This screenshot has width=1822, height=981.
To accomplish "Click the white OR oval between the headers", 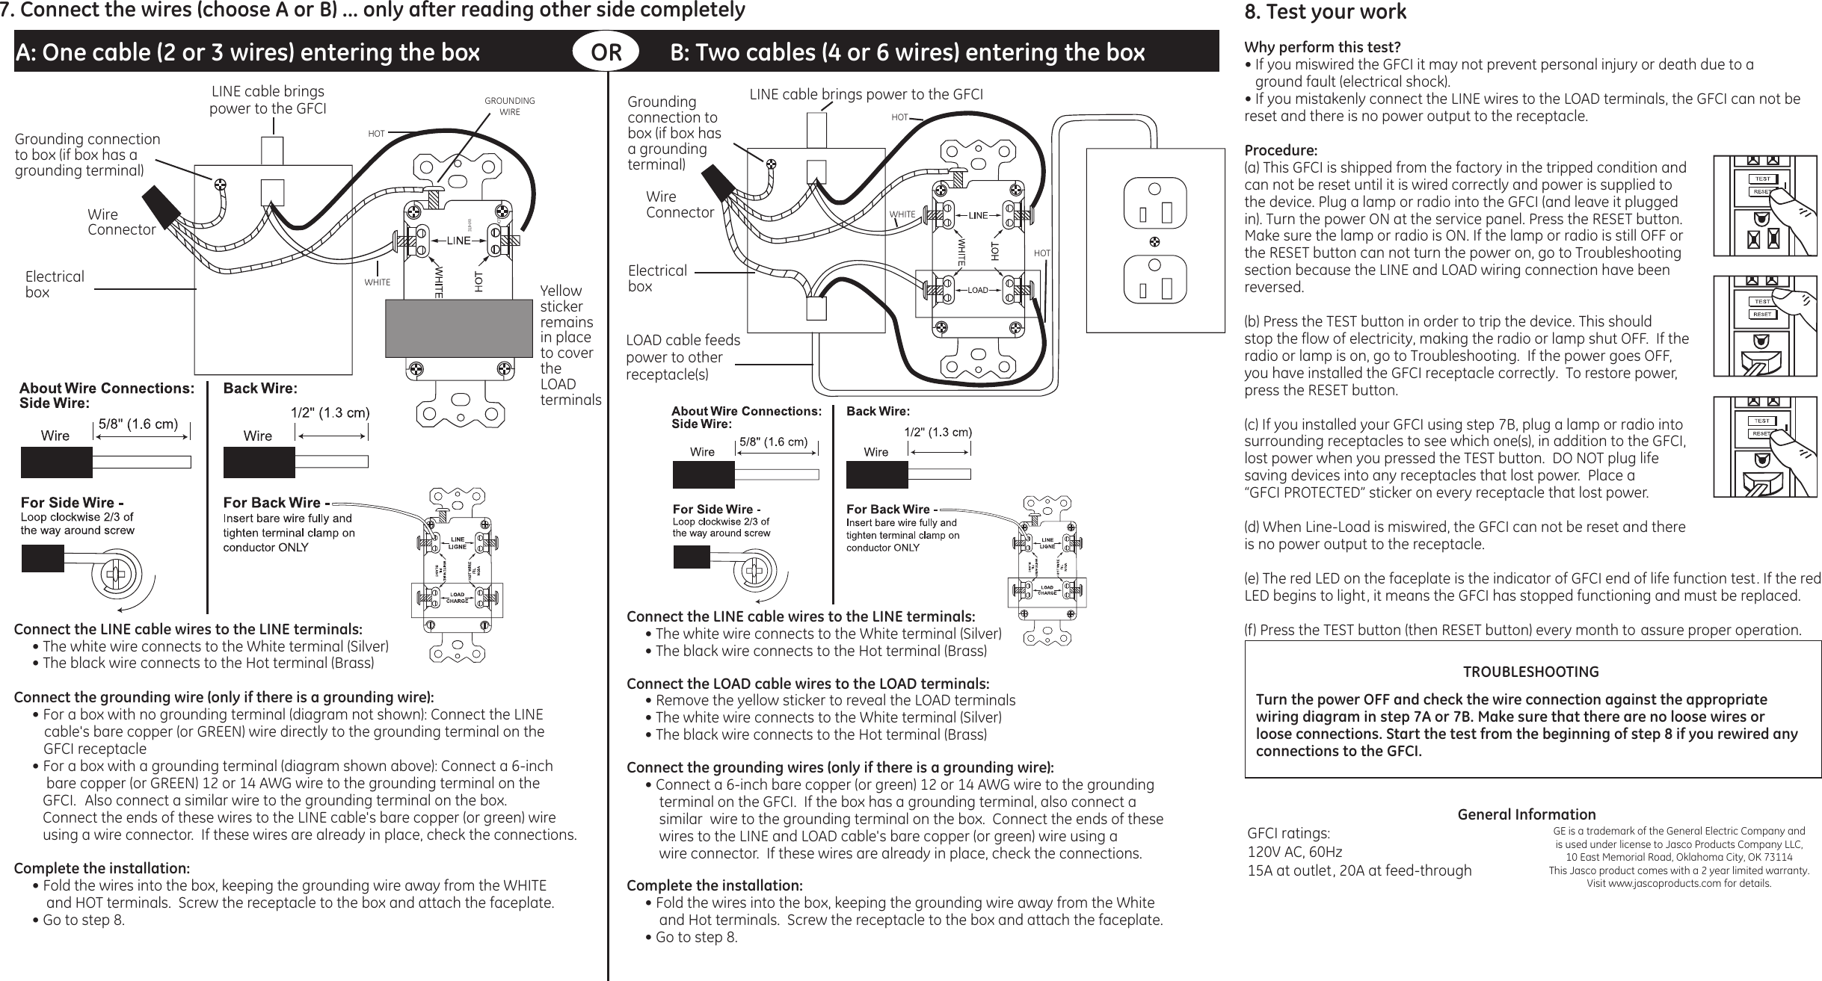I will pyautogui.click(x=606, y=52).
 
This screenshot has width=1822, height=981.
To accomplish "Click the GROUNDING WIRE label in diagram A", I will pyautogui.click(x=510, y=106).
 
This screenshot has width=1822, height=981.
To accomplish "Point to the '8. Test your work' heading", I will pyautogui.click(x=1325, y=12).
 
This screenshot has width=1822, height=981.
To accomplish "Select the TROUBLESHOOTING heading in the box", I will pyautogui.click(x=1530, y=672).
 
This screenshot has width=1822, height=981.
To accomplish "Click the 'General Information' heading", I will pyautogui.click(x=1526, y=814).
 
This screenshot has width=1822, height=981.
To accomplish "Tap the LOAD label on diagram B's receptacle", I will pyautogui.click(x=978, y=289).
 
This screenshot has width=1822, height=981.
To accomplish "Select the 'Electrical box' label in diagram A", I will pyautogui.click(x=55, y=284).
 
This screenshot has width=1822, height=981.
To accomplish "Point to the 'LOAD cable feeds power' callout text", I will pyautogui.click(x=683, y=356).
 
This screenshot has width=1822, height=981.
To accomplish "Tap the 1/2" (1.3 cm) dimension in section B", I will pyautogui.click(x=938, y=432).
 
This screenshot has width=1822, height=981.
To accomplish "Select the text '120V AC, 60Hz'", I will pyautogui.click(x=1295, y=852).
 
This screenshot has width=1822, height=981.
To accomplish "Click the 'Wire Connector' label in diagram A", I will pyautogui.click(x=121, y=222).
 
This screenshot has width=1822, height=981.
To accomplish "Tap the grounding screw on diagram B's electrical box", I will pyautogui.click(x=771, y=162).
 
